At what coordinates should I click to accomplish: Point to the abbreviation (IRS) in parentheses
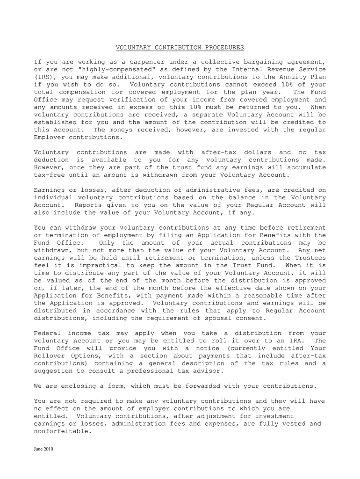(x=45, y=77)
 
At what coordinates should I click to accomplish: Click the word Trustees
(x=309, y=258)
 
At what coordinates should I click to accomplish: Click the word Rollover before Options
(x=50, y=356)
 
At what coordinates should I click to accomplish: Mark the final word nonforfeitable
(x=61, y=431)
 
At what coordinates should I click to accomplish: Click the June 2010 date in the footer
(x=44, y=449)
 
